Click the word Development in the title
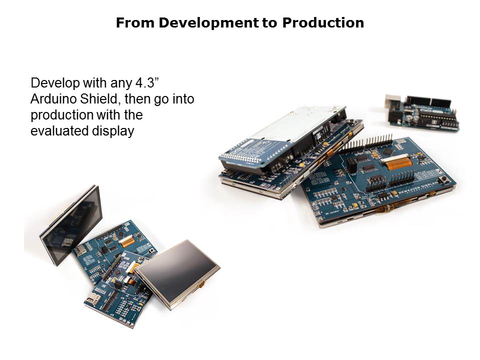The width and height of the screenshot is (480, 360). coord(208,23)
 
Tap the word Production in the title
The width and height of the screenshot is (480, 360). coord(323,23)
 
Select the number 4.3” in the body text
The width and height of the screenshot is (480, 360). coord(146,82)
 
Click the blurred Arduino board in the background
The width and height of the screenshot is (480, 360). coord(422,112)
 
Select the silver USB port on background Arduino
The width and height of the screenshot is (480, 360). coord(392,101)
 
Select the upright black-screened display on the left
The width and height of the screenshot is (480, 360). coord(71,225)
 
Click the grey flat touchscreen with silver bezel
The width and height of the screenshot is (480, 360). coord(177,273)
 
